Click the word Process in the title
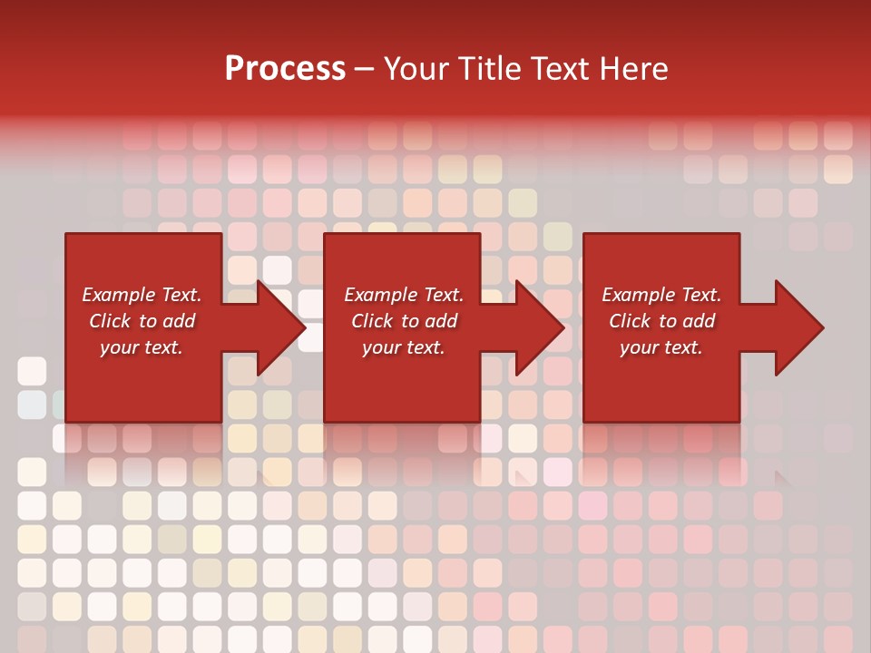pos(285,68)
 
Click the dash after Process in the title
pos(365,69)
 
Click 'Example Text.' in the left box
pos(142,295)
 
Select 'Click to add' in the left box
pos(142,321)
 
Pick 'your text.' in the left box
pos(142,347)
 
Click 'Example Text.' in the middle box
pos(404,295)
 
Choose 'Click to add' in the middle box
pos(404,321)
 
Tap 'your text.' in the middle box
pos(404,347)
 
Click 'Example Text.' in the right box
pos(661,295)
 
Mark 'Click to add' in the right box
pos(661,321)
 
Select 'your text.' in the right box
pos(661,347)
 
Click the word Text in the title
pos(558,68)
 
